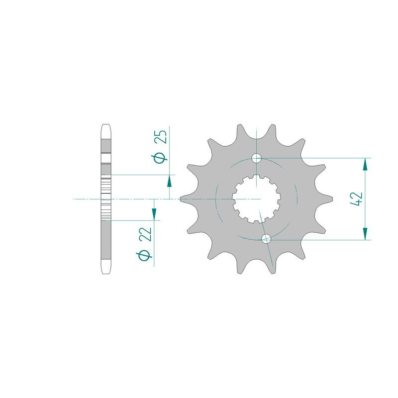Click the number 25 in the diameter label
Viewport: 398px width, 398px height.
161,137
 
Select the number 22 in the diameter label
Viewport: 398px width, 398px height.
146,234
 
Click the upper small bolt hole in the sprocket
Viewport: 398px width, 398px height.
256,158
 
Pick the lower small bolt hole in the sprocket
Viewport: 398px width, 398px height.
266,239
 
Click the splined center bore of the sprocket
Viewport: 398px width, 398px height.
256,199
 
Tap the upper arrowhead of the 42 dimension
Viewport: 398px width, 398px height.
365,165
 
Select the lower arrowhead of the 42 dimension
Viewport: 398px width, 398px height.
365,233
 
